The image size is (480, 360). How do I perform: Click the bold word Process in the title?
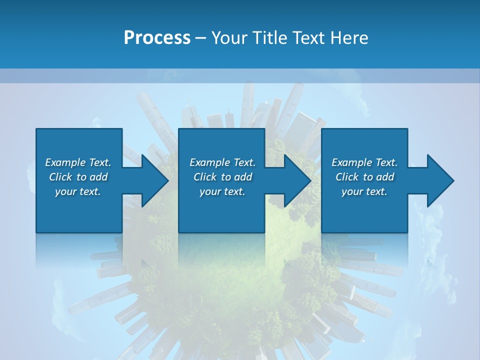pos(157,38)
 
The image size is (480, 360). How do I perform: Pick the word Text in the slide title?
pos(310,38)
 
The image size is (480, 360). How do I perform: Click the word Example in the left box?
pos(65,162)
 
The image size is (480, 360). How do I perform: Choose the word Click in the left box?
pos(60,177)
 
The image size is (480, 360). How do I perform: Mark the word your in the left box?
pos(65,192)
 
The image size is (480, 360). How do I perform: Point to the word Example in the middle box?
pos(210,162)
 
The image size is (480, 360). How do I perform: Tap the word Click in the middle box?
pos(205,177)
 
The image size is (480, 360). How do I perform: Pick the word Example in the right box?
pos(352,162)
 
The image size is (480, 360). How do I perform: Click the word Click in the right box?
pos(347,177)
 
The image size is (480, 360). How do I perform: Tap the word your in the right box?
pos(352,192)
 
